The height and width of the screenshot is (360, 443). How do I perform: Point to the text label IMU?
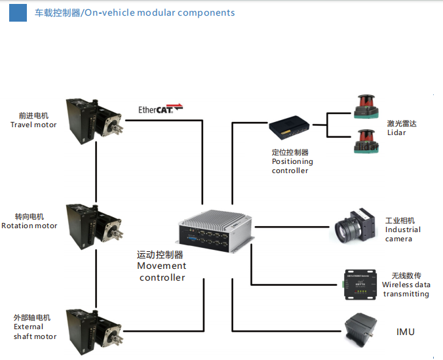pos(405,332)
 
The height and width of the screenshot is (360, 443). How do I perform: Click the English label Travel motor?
pos(33,125)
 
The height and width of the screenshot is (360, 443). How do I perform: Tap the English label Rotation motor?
pos(29,226)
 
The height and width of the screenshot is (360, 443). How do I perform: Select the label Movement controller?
pos(162,271)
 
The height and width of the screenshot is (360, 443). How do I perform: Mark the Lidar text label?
pos(396,132)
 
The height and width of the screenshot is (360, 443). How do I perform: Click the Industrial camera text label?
pos(402,234)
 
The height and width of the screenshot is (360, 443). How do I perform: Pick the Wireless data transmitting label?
pos(406,289)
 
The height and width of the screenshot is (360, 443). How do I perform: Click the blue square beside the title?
pos(18,12)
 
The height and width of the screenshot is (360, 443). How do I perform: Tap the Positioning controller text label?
pos(292,166)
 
